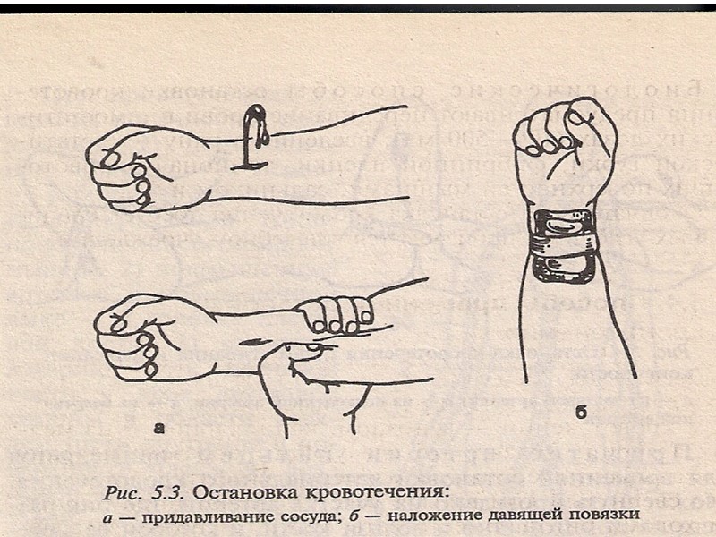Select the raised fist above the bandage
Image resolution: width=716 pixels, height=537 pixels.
564,143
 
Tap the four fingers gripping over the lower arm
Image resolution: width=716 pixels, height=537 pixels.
335,314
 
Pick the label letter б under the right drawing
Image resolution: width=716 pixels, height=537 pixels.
580,413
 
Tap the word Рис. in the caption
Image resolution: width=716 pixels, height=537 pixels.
124,491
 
